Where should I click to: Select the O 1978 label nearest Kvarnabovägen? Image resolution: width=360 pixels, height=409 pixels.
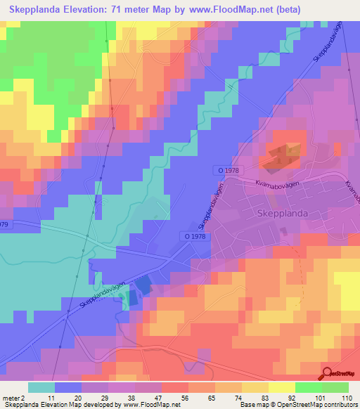click(226, 170)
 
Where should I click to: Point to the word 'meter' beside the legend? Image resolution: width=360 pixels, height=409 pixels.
click(10, 397)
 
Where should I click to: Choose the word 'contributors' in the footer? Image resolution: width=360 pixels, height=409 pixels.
click(340, 405)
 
